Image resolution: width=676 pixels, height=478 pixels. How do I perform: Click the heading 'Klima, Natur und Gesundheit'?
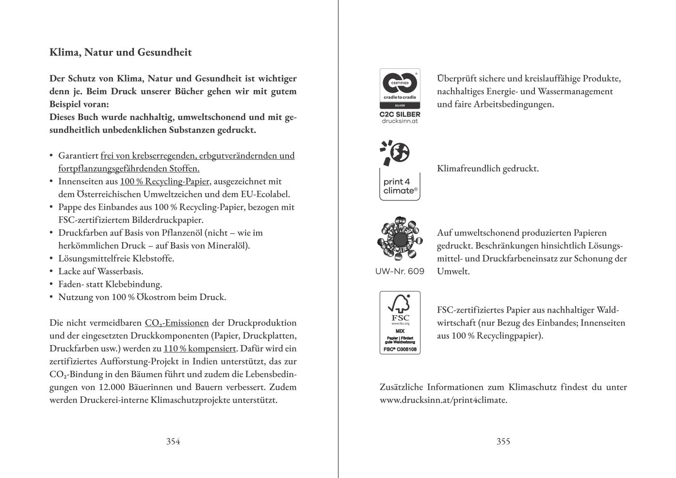pos(121,52)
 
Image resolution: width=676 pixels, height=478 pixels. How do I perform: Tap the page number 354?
pos(173,441)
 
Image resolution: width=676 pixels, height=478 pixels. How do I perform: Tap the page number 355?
pos(503,441)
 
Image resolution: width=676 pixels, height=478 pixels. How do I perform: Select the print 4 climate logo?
pos(400,171)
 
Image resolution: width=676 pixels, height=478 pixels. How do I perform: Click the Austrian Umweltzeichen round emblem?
pos(400,240)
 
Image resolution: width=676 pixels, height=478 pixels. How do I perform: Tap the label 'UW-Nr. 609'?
pos(400,271)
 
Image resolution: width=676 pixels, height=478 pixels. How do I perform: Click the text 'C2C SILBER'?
pos(400,115)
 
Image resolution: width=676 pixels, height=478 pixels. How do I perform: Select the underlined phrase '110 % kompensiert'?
pos(200,348)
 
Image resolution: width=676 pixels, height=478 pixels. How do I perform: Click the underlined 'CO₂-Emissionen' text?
pos(177,323)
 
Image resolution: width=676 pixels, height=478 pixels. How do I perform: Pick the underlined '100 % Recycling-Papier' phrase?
pos(164,181)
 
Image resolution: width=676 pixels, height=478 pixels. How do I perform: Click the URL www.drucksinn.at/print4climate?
pos(443,400)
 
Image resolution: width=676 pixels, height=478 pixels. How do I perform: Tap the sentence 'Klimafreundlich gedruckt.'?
pos(487,169)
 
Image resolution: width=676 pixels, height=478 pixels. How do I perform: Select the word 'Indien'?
pos(207,362)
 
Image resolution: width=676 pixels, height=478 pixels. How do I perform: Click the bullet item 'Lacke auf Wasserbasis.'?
pos(101,271)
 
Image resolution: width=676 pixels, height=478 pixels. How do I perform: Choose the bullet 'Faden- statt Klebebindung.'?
pos(110,284)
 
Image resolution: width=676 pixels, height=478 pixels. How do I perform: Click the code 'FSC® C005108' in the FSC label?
pos(400,349)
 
